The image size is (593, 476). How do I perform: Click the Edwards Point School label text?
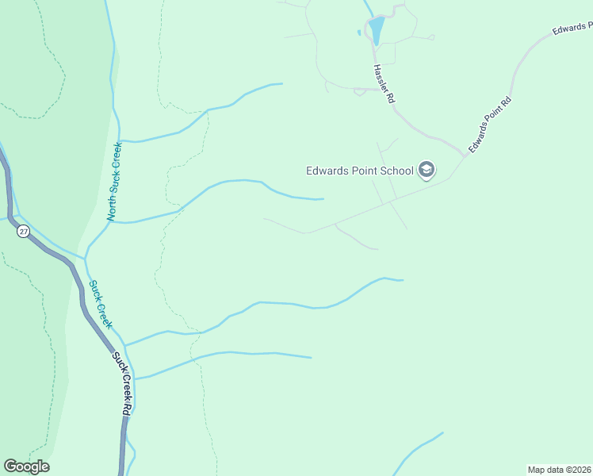(x=360, y=171)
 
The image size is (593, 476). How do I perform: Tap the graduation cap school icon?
(x=427, y=170)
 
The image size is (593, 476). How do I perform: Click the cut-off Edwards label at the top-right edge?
(x=572, y=29)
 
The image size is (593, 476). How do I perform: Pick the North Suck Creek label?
(x=114, y=181)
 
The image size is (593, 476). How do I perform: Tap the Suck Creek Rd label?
(x=121, y=386)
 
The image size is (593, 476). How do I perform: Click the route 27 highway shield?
(x=21, y=231)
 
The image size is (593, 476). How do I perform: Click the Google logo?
(x=26, y=466)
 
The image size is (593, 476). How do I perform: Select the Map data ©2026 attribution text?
(x=559, y=470)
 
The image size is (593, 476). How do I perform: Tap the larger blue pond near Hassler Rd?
(x=376, y=30)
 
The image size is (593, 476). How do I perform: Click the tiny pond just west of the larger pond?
(x=359, y=33)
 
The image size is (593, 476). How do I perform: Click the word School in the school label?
(x=396, y=171)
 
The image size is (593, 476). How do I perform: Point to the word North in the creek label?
(x=112, y=209)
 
